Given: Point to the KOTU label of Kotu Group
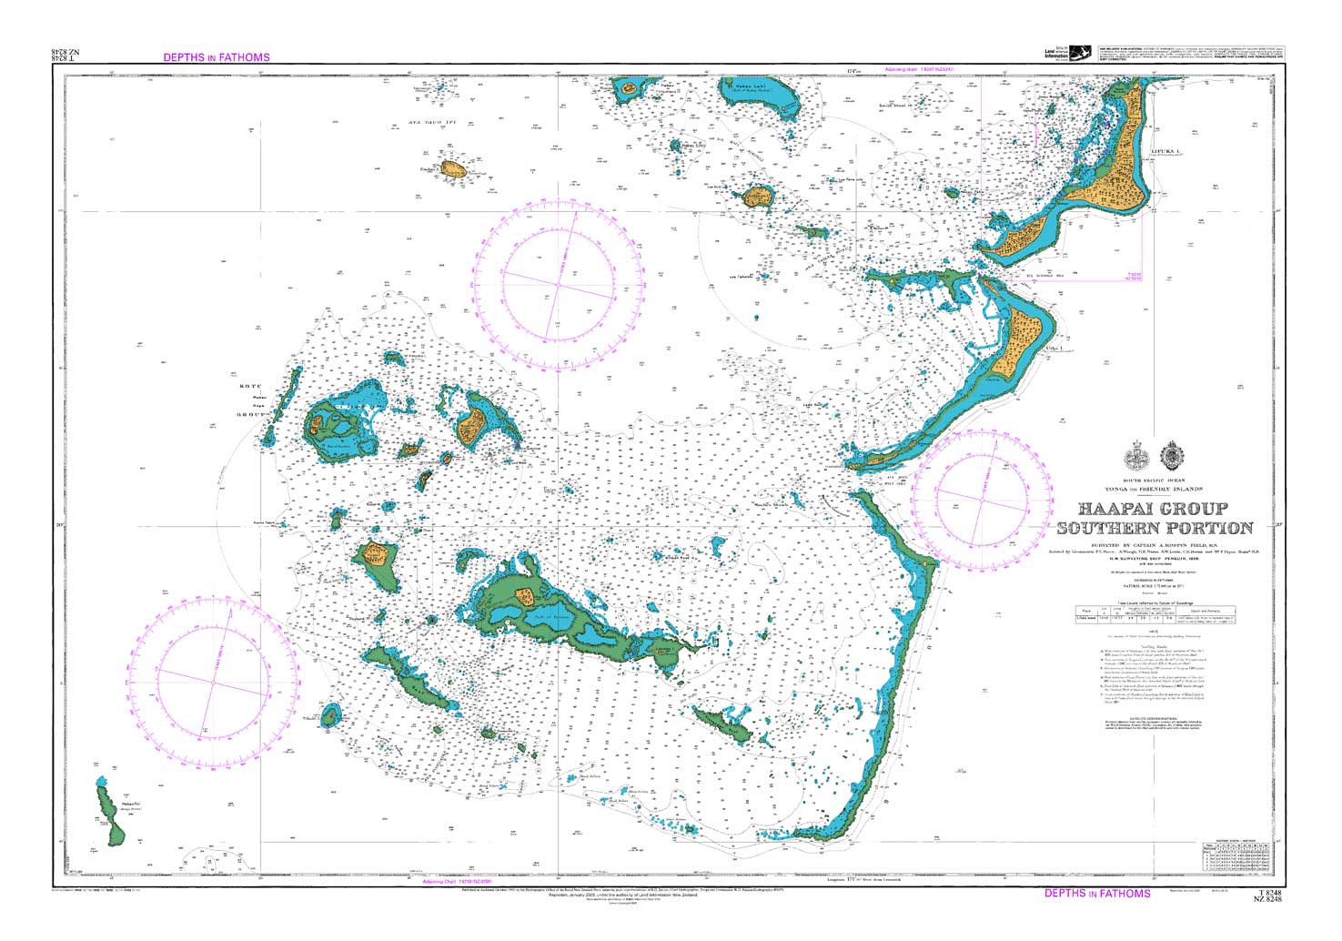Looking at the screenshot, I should click(x=249, y=387).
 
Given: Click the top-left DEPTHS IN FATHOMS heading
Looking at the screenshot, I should click(x=217, y=57).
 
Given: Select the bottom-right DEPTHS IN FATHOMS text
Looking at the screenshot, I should click(x=1097, y=894).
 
